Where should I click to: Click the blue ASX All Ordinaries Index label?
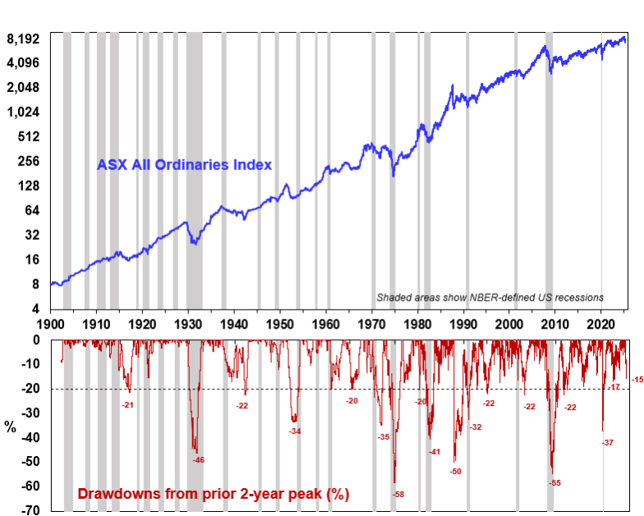click(x=184, y=164)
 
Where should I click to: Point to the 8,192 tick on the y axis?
click(x=23, y=39)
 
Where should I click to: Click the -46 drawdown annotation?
click(x=198, y=460)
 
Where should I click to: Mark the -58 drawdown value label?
click(x=398, y=494)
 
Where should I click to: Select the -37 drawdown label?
click(x=608, y=443)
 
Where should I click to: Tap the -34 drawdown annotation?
click(x=295, y=431)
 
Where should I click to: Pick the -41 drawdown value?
click(x=434, y=452)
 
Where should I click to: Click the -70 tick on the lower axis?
click(x=30, y=510)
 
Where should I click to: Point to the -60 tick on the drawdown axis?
click(x=30, y=486)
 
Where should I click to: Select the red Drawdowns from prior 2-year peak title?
click(x=213, y=494)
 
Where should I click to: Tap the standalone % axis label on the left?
click(x=10, y=426)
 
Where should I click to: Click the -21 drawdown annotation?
click(x=128, y=404)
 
